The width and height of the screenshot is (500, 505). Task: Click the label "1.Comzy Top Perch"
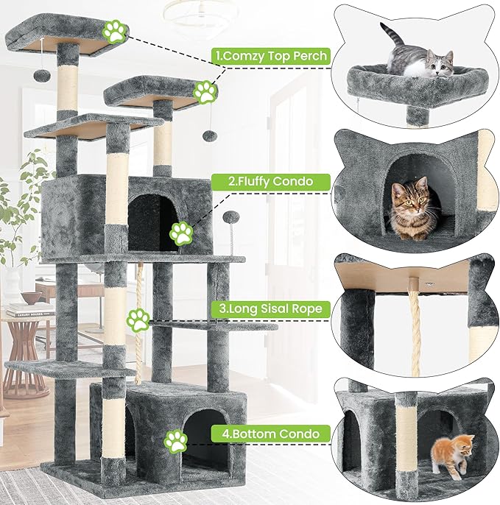270,54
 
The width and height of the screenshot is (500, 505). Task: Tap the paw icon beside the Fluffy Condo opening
181,233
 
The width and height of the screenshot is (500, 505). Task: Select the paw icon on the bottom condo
175,441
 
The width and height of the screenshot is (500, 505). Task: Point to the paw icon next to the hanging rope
138,319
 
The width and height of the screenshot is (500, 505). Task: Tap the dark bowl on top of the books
31,297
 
